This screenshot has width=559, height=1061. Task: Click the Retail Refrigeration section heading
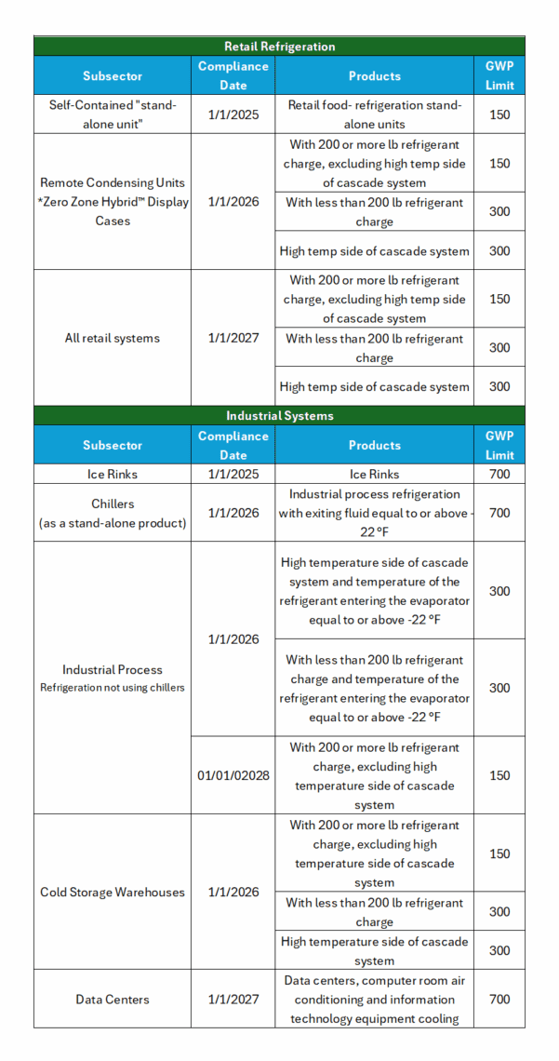(x=279, y=46)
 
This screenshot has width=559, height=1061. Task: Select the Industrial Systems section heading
(x=279, y=415)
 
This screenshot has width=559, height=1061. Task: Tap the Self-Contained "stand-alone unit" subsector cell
(x=113, y=114)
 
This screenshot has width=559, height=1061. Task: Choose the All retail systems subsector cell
(x=113, y=338)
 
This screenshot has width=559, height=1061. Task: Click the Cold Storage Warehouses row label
(x=113, y=892)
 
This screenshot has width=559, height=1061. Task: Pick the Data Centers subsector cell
(x=113, y=999)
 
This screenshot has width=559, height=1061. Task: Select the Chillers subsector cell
(x=113, y=513)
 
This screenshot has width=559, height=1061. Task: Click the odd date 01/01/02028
(x=233, y=775)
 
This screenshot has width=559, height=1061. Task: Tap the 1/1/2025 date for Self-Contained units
(x=233, y=114)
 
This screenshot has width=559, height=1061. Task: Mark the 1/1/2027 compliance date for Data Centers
(x=233, y=999)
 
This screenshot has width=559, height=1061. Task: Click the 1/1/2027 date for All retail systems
(x=233, y=338)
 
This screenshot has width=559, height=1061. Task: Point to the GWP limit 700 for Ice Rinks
(x=499, y=474)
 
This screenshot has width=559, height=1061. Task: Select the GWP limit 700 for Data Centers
(x=499, y=999)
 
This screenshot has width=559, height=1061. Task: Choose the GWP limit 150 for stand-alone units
(x=499, y=114)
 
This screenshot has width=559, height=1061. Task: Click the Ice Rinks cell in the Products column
(x=374, y=474)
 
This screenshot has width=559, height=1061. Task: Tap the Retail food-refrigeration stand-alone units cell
(x=374, y=114)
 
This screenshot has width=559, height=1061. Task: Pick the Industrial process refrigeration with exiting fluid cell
(x=374, y=513)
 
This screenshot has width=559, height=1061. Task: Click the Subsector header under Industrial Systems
(x=113, y=445)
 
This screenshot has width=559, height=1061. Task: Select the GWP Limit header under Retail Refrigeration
(x=499, y=75)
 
